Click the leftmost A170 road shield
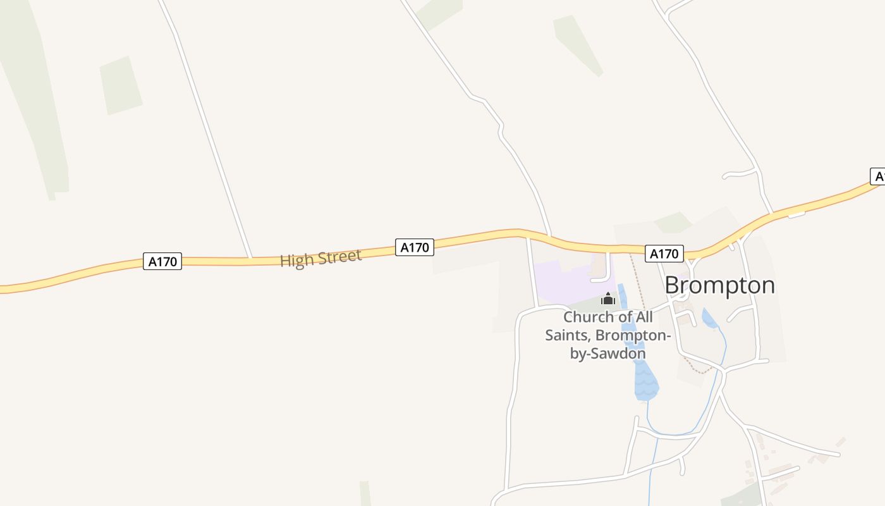(x=162, y=261)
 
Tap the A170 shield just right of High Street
(x=415, y=247)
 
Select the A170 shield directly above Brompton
(x=664, y=254)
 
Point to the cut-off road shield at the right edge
(x=877, y=176)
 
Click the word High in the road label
(x=296, y=260)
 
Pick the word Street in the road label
(x=339, y=256)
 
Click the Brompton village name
(x=719, y=285)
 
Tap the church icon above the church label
(x=608, y=299)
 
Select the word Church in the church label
(x=587, y=317)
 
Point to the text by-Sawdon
(x=608, y=353)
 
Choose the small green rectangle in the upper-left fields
(x=121, y=85)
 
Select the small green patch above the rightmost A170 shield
(x=673, y=222)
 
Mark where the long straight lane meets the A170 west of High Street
(x=251, y=258)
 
